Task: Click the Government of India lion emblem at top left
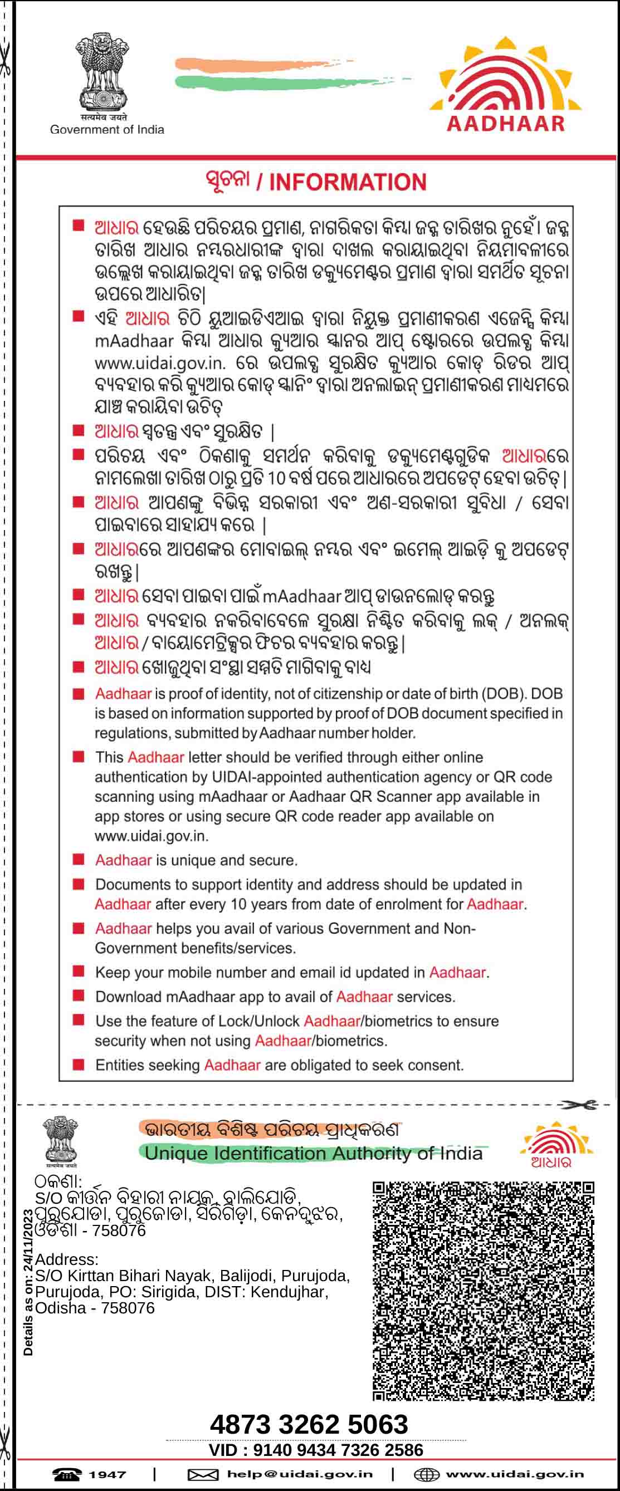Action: click(x=102, y=72)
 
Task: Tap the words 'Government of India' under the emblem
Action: click(x=107, y=130)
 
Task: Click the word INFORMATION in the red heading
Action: click(x=348, y=182)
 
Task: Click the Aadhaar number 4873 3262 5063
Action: click(x=309, y=1424)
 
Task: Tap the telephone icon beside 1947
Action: click(x=67, y=1475)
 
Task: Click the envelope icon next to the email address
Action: click(x=203, y=1475)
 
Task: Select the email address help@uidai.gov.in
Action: click(x=300, y=1474)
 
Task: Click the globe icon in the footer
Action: click(x=427, y=1475)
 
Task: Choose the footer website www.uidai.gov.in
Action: click(x=515, y=1474)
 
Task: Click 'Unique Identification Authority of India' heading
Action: click(x=313, y=1154)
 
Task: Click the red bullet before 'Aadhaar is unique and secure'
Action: click(x=79, y=860)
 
